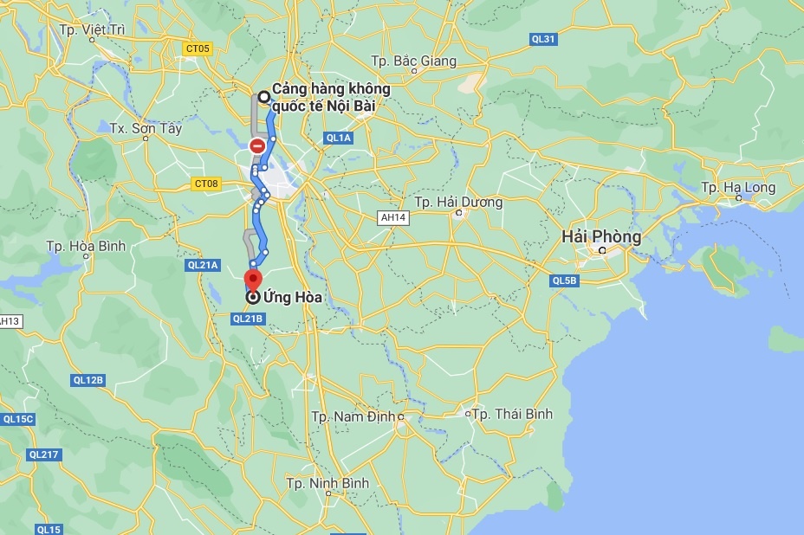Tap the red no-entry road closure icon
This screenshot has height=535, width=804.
coord(257,146)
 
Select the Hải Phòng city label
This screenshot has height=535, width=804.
coord(600,236)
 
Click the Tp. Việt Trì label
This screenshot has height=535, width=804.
coord(93,29)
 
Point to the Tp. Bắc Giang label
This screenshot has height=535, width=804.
coord(413,61)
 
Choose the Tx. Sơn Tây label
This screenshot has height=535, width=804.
coord(146,128)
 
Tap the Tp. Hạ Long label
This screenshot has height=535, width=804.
coord(737,187)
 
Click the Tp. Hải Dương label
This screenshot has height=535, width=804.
coord(458,202)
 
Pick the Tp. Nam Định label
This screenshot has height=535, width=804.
coord(353,416)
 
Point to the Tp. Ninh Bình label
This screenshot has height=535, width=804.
coord(327,483)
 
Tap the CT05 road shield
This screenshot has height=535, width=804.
coord(198,48)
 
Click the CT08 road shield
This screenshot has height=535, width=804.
coord(206,184)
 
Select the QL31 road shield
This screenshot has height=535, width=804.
coord(543,39)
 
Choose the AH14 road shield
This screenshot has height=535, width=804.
coord(392,216)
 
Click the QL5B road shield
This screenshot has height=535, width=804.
coord(564,280)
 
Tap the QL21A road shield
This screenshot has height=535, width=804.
coord(203,265)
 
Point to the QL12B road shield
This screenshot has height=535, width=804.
coord(88,379)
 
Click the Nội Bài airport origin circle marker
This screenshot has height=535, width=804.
coord(263,98)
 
